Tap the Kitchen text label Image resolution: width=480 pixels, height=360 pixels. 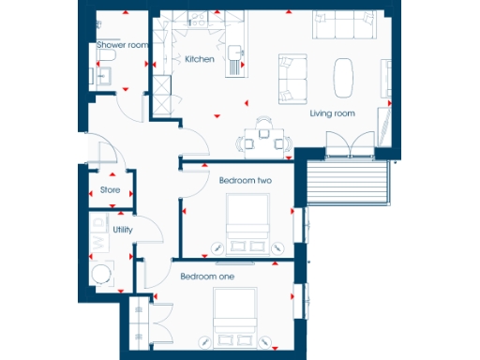pos(199,59)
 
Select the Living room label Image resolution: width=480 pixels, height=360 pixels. pos(332,113)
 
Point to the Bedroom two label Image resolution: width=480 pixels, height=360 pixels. pos(245,180)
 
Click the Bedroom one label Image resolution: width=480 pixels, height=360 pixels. pos(207,277)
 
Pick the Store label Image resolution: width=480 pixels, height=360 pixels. pos(110,190)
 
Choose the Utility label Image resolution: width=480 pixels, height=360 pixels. pos(122,229)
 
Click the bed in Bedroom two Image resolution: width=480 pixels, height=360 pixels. pos(249,222)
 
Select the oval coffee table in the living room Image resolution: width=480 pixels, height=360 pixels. pos(344,74)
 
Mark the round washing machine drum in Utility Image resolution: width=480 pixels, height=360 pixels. pos(101,272)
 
